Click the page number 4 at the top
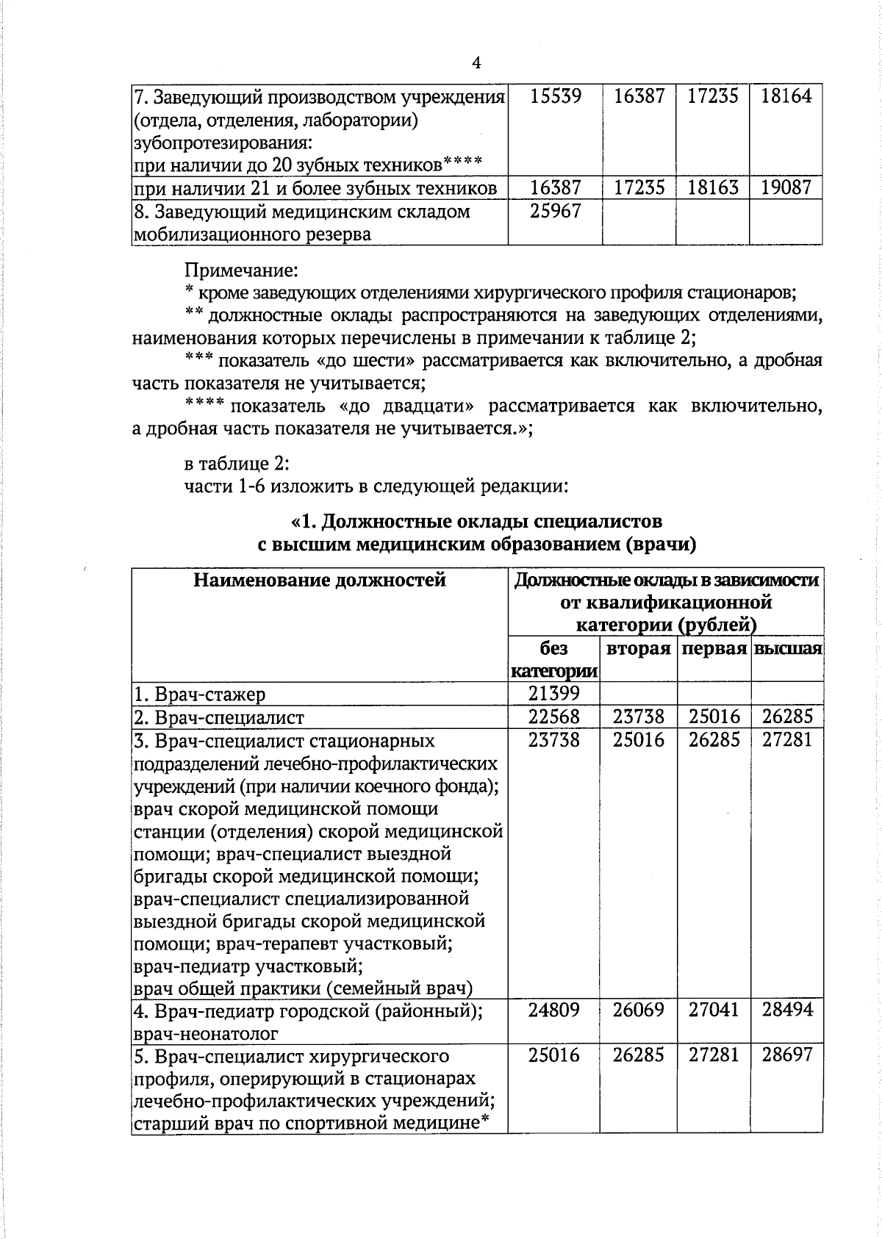(476, 63)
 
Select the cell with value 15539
(555, 96)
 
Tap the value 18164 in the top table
(786, 96)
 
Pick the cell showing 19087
(786, 188)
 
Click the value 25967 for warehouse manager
(555, 212)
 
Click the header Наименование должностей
(320, 581)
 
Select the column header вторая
(638, 649)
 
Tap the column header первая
(713, 649)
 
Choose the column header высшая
(786, 649)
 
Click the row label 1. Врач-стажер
(199, 694)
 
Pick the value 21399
(555, 693)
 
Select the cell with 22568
(555, 717)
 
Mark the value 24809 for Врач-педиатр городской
(555, 1010)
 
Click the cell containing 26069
(638, 1010)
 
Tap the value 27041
(713, 1010)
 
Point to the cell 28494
(786, 1010)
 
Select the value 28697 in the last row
(786, 1055)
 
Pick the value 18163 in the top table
(713, 188)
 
